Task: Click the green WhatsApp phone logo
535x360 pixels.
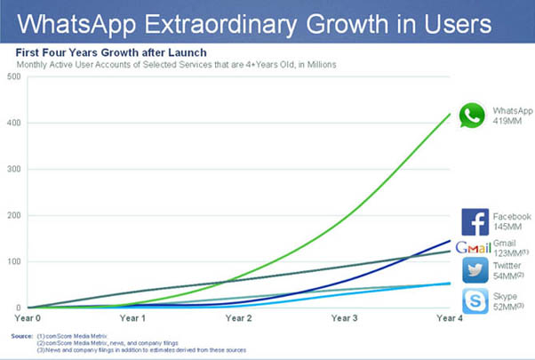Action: point(472,116)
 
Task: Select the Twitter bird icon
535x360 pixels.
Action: point(475,270)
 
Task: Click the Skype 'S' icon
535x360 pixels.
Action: point(475,300)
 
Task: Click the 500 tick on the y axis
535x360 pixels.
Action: point(13,76)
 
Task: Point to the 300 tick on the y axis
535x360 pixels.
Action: point(13,169)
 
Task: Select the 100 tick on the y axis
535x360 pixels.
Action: point(13,261)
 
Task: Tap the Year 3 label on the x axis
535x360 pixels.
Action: point(343,316)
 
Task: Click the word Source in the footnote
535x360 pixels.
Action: point(22,336)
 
